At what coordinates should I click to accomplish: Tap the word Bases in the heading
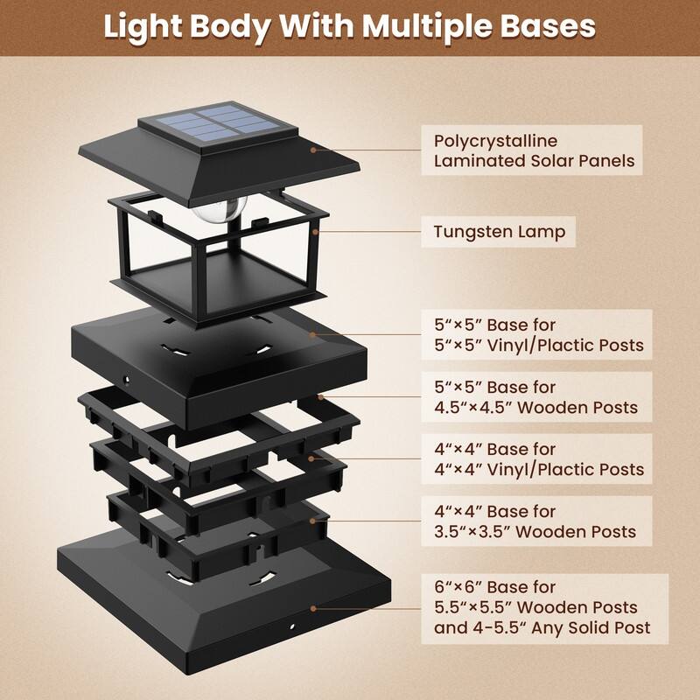tap(548, 26)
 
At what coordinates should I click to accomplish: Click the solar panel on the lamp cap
tap(218, 122)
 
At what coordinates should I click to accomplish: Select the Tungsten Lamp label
tap(499, 232)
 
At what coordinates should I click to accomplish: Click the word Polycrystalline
tap(495, 141)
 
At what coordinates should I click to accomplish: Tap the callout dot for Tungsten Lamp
tap(315, 232)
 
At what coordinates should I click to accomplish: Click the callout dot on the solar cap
tap(313, 150)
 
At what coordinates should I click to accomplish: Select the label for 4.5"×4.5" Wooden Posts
tap(536, 397)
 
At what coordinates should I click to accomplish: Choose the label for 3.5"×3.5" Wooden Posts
tap(536, 521)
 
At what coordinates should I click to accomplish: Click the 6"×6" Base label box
tap(544, 608)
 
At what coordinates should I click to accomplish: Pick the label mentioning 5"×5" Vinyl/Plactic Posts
tap(536, 334)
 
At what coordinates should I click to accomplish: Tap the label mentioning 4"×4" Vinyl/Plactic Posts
tap(536, 458)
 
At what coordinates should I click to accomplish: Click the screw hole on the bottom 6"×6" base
tap(292, 626)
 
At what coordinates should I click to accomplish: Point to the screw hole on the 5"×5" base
tap(127, 380)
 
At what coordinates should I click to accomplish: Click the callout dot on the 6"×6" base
tap(313, 608)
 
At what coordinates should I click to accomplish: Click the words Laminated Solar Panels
tap(534, 161)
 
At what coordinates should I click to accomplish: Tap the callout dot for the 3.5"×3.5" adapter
tap(312, 521)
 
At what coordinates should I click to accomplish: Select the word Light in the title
tap(143, 27)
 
